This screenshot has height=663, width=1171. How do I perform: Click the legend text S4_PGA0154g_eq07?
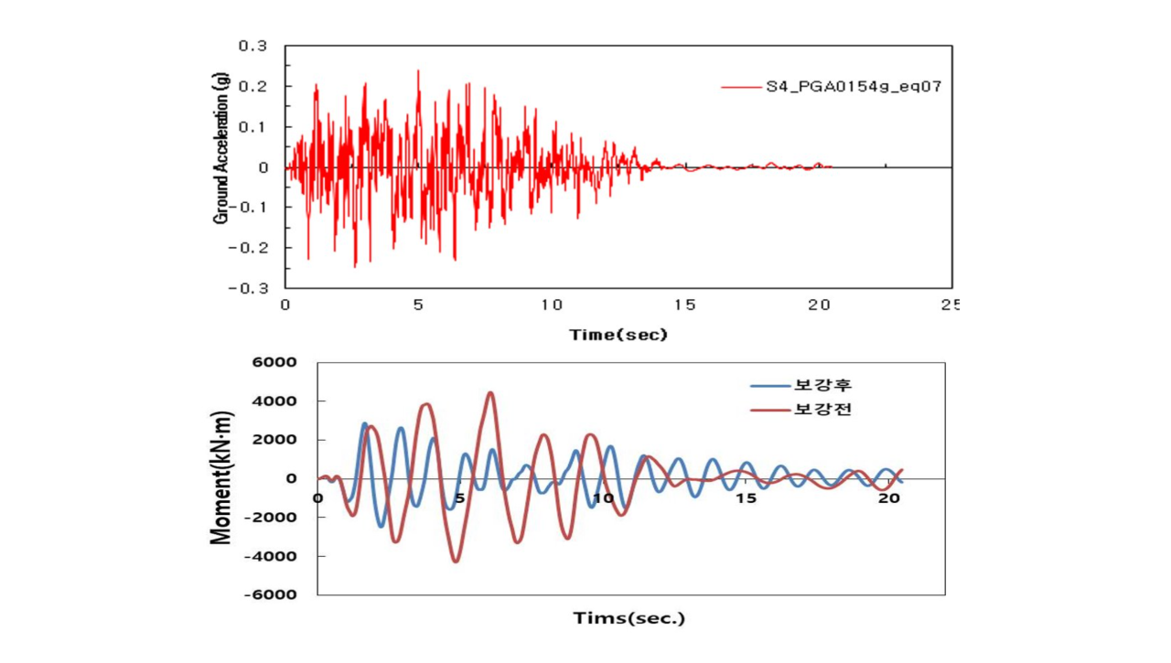tap(854, 86)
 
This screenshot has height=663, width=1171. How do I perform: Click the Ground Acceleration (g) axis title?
tap(221, 148)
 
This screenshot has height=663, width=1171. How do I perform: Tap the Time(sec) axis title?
tap(618, 335)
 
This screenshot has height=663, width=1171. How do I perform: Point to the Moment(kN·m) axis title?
tap(221, 478)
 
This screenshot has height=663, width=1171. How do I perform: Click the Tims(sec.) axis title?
tap(628, 618)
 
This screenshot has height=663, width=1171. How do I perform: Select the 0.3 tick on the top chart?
tap(253, 46)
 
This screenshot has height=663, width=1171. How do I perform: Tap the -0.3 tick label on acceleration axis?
tap(248, 288)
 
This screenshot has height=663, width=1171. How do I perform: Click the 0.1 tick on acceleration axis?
tap(253, 127)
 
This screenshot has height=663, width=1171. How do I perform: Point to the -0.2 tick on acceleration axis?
tap(248, 248)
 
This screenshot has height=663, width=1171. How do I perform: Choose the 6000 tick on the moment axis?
tap(274, 362)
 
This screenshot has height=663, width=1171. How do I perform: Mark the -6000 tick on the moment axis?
tap(270, 594)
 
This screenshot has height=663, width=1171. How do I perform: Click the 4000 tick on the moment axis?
tap(274, 401)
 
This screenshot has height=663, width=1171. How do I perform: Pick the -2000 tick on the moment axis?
tap(270, 518)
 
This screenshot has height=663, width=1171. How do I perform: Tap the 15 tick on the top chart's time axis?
tap(685, 305)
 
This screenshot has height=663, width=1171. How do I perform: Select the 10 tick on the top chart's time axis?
tap(552, 305)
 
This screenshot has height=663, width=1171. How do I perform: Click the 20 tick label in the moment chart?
tap(888, 498)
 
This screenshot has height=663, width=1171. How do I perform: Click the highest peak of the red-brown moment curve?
tap(490, 392)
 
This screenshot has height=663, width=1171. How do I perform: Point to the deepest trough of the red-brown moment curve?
tap(457, 561)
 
